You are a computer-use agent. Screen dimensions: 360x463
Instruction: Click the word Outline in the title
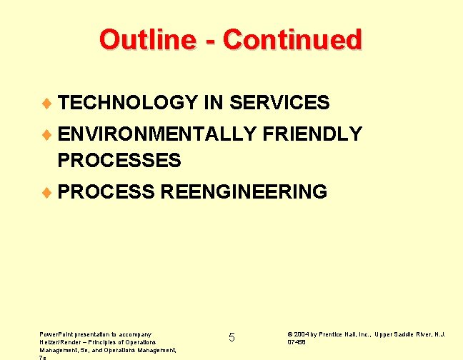pos(141,39)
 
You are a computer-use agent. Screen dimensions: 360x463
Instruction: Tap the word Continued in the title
pos(292,39)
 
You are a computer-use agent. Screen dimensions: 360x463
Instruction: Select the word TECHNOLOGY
pos(128,103)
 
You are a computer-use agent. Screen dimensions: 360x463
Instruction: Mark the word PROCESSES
pos(119,161)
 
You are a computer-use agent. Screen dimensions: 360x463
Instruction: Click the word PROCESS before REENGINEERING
pos(107,192)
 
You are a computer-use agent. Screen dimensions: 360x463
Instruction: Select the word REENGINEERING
pos(244,192)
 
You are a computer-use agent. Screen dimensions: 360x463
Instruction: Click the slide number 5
pos(231,337)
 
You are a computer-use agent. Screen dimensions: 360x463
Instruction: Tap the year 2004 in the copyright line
pos(301,334)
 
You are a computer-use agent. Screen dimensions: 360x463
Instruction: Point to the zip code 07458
pos(297,342)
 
